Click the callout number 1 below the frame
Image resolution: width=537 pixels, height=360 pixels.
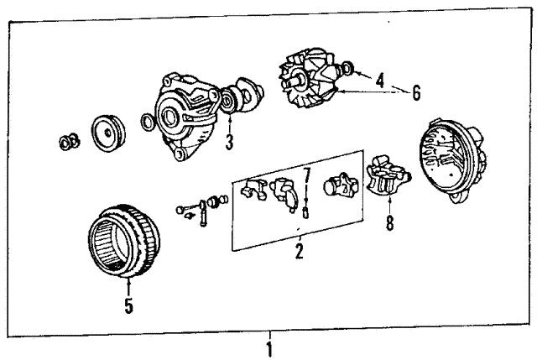point(269,350)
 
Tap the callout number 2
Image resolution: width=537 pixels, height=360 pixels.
point(299,251)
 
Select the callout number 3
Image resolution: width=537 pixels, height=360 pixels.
point(229,142)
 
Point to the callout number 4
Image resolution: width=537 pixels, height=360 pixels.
point(380,81)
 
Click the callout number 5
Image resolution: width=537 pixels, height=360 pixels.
point(128,306)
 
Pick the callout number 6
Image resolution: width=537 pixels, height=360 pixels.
point(416,93)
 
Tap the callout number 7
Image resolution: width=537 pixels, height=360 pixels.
point(306,175)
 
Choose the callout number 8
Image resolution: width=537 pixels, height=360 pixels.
point(389,223)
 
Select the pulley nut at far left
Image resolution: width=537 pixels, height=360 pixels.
point(69,142)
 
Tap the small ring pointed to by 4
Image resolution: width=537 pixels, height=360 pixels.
point(347,68)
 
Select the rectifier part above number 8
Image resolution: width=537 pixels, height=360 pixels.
point(388,176)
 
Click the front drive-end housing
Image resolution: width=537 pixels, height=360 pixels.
point(185,116)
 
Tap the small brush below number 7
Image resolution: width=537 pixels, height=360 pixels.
point(305,213)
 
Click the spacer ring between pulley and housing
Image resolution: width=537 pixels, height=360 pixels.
point(148,123)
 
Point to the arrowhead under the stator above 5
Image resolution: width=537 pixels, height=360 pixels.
point(128,281)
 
